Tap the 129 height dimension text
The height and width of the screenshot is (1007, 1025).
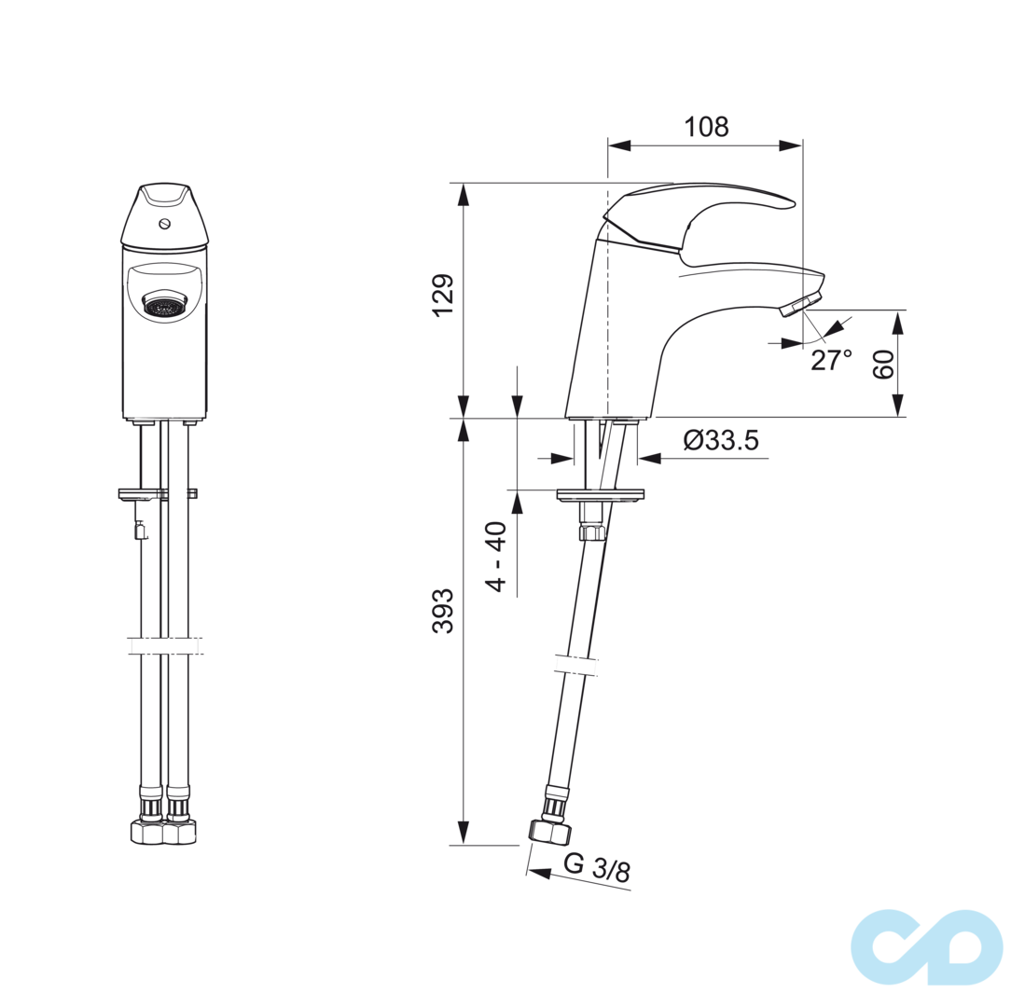coord(443,296)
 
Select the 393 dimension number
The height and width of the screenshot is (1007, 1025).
coord(443,611)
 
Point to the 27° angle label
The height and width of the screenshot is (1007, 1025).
coord(832,360)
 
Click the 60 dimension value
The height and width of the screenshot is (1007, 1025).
coord(883,365)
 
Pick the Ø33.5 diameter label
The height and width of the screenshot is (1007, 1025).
coord(721,440)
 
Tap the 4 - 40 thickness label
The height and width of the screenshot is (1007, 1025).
coord(497,557)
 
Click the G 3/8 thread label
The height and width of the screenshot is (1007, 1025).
coord(597,868)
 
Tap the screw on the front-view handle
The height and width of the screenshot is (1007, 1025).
coord(165,224)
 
